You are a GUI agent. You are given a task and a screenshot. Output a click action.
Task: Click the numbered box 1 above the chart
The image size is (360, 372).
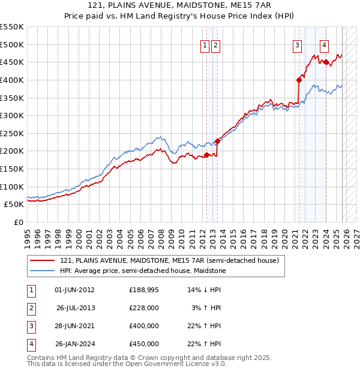coord(205,44)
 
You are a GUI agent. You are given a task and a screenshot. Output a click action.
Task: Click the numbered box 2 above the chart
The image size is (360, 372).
coord(215,44)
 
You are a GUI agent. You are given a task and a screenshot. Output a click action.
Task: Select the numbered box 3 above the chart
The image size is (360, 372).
coord(297,44)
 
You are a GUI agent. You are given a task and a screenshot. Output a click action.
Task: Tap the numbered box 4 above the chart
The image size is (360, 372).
coord(324,44)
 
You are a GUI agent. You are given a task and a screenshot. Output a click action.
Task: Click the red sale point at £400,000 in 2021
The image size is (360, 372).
coord(299,80)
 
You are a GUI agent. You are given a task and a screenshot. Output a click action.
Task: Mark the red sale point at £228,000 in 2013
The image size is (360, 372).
coord(218,141)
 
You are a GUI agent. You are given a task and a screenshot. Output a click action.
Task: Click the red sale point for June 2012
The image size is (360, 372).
coord(206,155)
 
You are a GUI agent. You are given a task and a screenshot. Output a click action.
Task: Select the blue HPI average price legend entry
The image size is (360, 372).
coord(143,271)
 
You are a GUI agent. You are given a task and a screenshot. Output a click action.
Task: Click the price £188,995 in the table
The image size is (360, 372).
coord(144,290)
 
